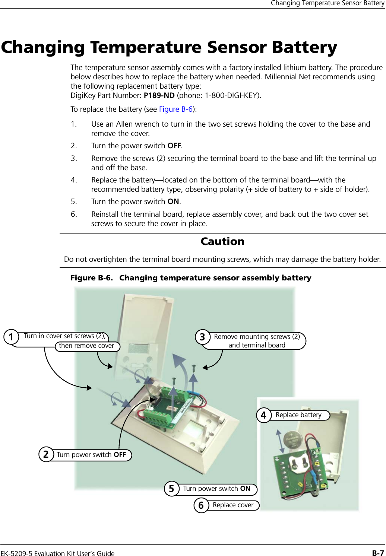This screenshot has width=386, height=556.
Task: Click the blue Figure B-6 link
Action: (176, 109)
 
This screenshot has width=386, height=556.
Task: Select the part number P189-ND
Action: (159, 95)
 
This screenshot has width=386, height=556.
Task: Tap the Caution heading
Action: (222, 241)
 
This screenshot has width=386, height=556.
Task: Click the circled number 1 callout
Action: (12, 337)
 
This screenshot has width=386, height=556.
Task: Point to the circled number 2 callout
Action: (46, 455)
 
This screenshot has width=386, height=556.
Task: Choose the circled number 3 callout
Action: (202, 337)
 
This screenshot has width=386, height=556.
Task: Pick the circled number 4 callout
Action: (264, 415)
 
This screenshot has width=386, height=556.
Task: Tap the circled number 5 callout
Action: (171, 489)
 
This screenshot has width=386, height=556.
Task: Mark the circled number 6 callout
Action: (201, 505)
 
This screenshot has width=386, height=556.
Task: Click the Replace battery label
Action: (298, 415)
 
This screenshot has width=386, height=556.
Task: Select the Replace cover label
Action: (233, 505)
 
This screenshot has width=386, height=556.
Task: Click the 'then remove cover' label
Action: (86, 346)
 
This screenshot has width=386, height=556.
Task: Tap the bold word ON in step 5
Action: (173, 201)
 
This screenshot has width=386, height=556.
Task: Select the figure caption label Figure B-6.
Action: (91, 278)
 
